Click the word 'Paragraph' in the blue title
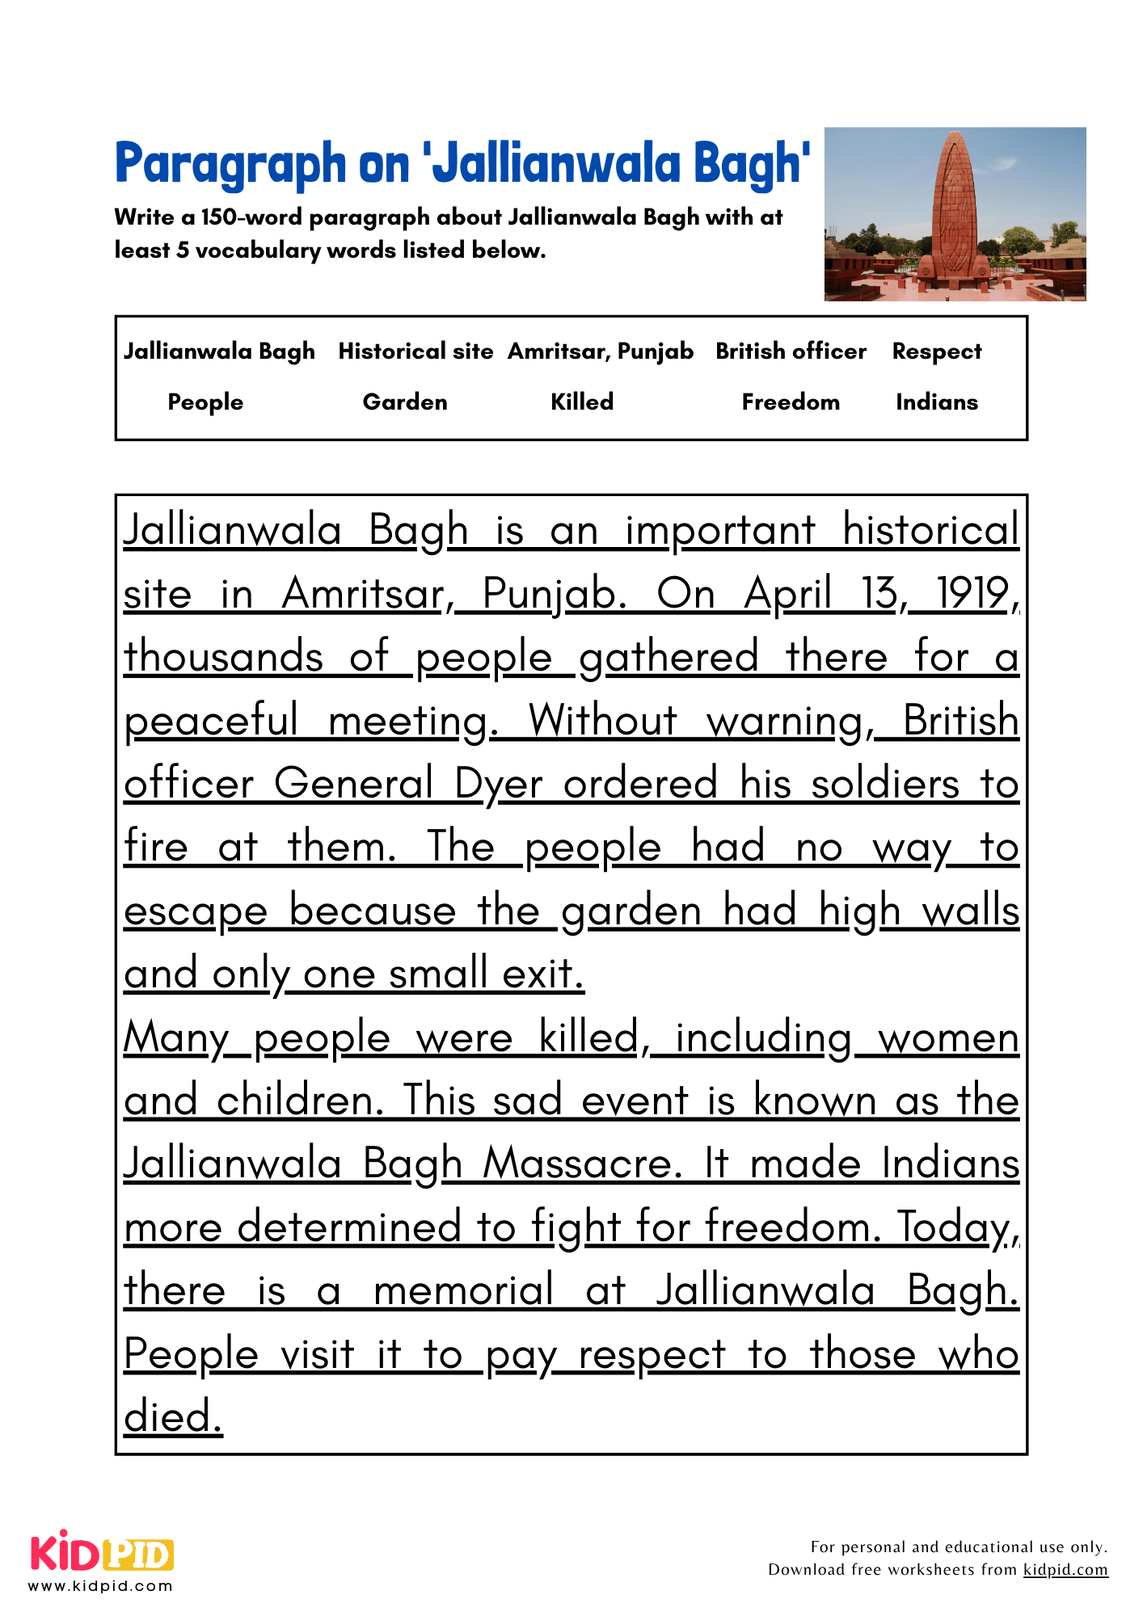(x=230, y=164)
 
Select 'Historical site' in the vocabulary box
(x=415, y=351)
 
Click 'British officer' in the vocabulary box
(x=791, y=351)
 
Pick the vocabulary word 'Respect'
(x=937, y=351)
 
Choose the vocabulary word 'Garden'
(x=405, y=402)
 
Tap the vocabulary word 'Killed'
(x=582, y=402)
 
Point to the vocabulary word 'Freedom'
(x=791, y=402)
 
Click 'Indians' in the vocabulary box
(x=937, y=402)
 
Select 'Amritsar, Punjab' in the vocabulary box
(x=601, y=351)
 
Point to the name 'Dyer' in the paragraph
(x=499, y=785)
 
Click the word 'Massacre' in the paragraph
(x=583, y=1164)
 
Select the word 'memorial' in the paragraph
(x=464, y=1290)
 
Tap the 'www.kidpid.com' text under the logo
(x=101, y=1586)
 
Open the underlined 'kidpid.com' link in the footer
(x=1065, y=1569)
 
